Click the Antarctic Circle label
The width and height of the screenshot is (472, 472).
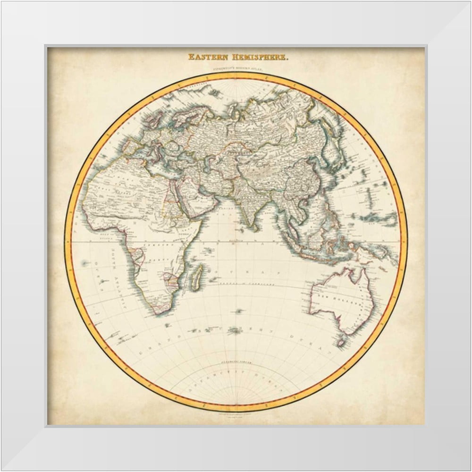[x=236, y=363]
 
